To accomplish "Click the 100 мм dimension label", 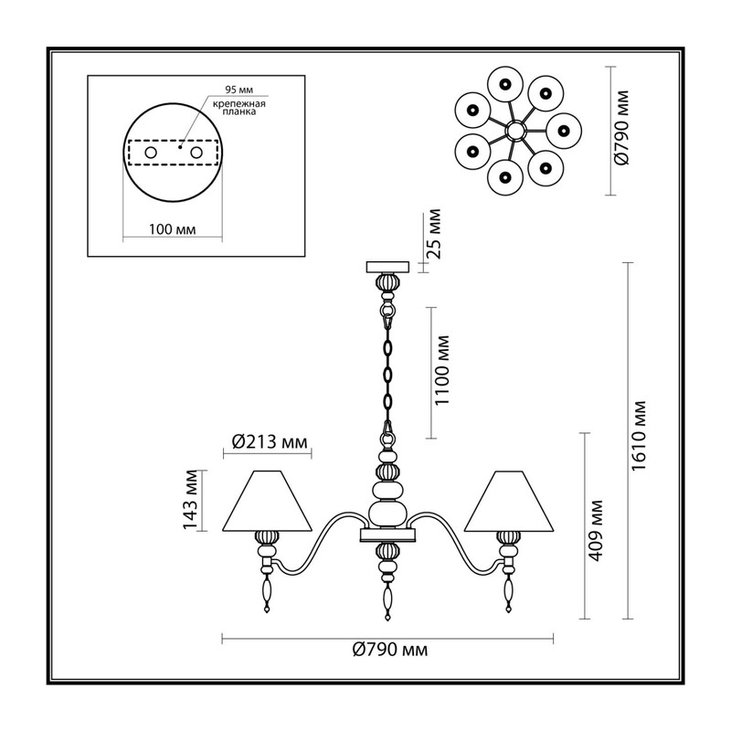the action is point(172,229).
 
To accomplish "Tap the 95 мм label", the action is point(239,90).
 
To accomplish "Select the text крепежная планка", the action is point(239,108).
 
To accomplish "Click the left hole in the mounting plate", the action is point(151,153).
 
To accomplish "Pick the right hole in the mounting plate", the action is point(196,153).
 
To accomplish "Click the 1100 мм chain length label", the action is point(441,371).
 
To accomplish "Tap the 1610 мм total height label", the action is point(639,435).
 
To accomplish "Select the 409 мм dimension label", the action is point(596,530).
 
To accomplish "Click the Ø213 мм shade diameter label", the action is point(270,441).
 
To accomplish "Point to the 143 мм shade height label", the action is point(190,500).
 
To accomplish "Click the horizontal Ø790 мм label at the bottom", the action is point(390,650).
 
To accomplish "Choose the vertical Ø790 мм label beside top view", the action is point(621,128).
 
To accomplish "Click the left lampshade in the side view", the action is point(267,501).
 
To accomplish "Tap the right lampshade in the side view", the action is point(509,501).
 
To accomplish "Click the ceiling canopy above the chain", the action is point(387,267).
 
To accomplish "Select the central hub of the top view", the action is point(516,131).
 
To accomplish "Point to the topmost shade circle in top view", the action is point(505,84).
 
